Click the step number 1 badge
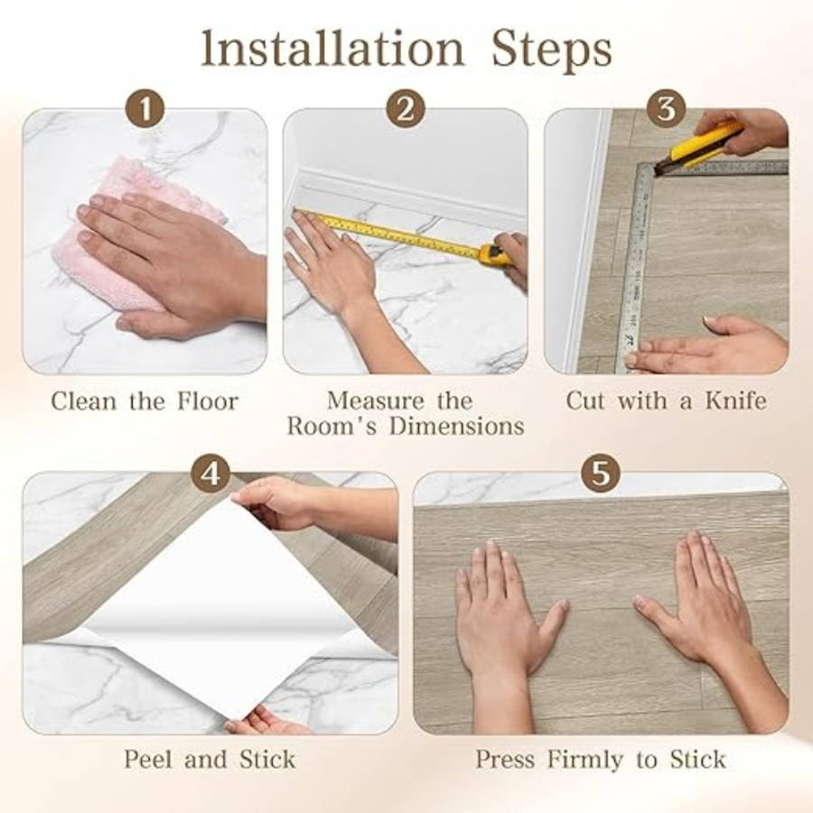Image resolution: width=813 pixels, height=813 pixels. coord(145,109)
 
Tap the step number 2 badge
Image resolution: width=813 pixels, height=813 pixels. coord(406,109)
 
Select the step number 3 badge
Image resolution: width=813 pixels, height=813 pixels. coord(667,109)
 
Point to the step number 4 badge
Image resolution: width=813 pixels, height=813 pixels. coord(210,472)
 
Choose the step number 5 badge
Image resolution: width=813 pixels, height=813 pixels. coord(601,472)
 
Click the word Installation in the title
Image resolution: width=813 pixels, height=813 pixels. coord(332,49)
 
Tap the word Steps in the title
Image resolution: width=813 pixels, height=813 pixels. coord(552,51)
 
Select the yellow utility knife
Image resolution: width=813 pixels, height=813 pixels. coord(697,146)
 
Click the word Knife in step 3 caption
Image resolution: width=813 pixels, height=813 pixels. coord(735,401)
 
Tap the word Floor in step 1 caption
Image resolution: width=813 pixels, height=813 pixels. coord(208,401)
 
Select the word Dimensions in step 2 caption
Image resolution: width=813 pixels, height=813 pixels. coord(457,426)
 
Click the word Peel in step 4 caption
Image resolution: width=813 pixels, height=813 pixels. coord(149,760)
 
